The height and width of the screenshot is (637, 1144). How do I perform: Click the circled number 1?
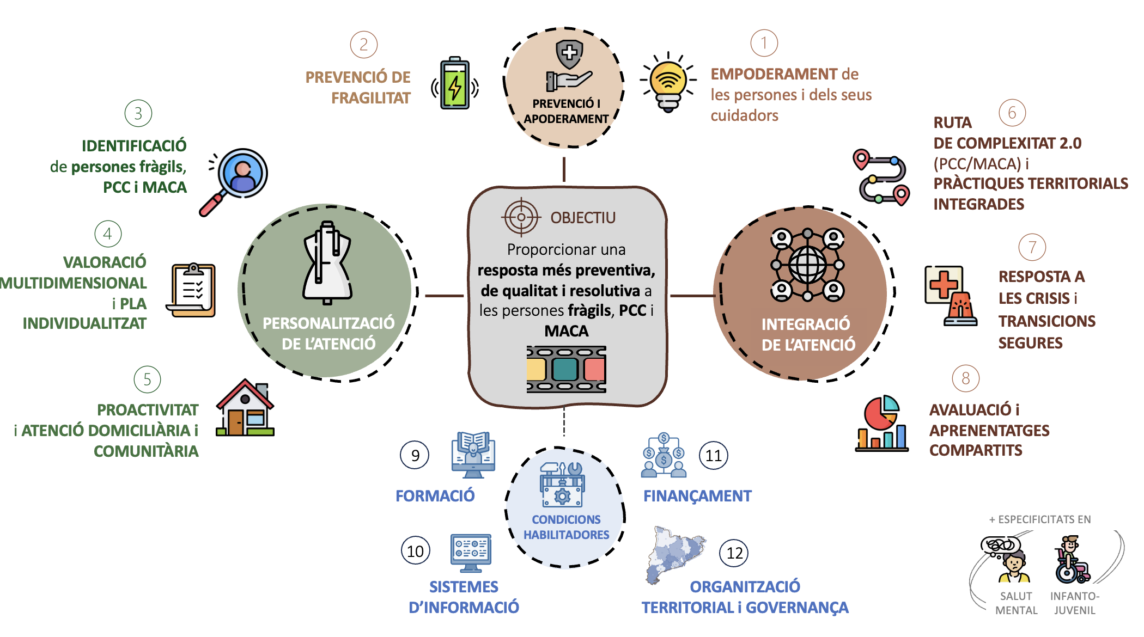tap(764, 43)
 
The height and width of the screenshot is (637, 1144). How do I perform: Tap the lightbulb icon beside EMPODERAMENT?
tap(668, 82)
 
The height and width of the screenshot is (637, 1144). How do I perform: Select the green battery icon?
tap(455, 83)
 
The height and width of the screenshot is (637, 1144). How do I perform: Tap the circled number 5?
tap(147, 379)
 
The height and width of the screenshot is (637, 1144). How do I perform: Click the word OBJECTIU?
tap(583, 218)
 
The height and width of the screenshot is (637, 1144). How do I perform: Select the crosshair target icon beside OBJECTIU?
tap(521, 217)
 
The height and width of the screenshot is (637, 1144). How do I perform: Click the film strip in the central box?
tap(566, 369)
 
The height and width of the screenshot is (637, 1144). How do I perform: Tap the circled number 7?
tap(1032, 247)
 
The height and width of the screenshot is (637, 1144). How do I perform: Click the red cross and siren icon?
tap(951, 296)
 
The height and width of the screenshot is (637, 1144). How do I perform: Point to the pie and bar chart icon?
tap(881, 424)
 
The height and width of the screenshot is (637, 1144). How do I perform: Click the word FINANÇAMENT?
tap(697, 496)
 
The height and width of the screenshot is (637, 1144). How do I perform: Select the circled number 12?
tap(734, 553)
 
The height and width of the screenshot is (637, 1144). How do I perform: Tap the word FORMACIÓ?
tap(435, 496)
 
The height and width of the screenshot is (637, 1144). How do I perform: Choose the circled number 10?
tap(416, 551)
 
